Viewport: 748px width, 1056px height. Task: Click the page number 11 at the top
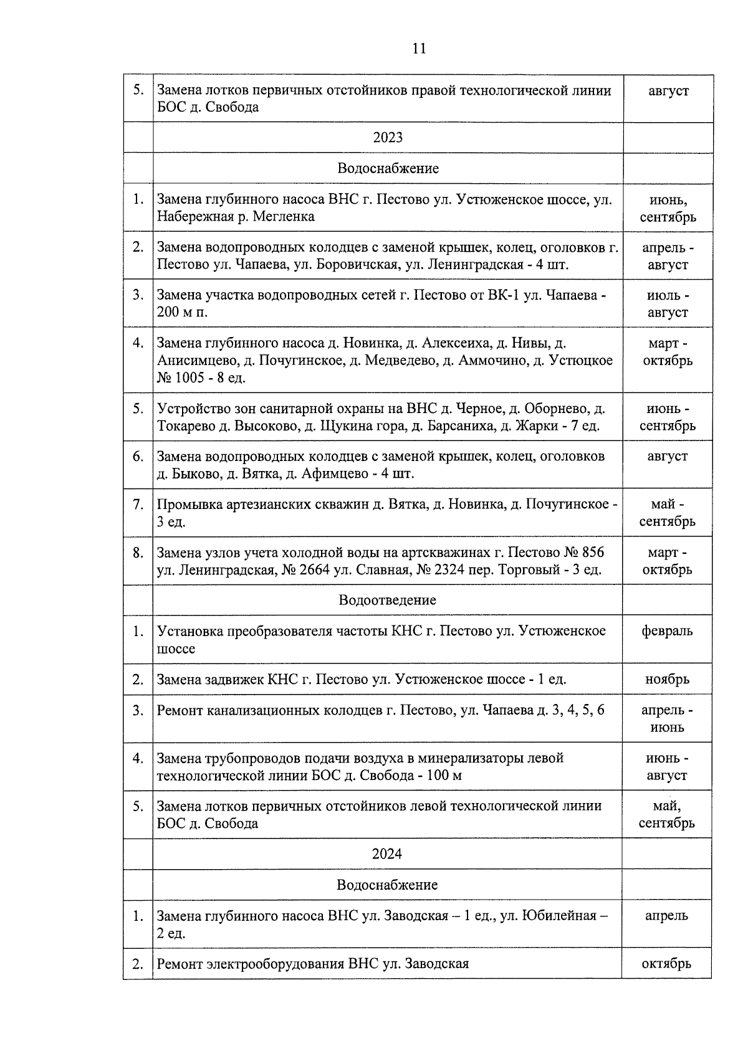(x=419, y=48)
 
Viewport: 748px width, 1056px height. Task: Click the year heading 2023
(x=388, y=137)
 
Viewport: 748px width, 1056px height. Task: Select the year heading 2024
(x=387, y=854)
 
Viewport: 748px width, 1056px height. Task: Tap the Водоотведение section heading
(x=388, y=600)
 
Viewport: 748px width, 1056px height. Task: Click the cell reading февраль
(x=667, y=631)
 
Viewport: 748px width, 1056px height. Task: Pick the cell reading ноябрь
(x=667, y=679)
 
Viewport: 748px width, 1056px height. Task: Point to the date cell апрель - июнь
(x=667, y=718)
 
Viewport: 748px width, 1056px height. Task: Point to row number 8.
(x=138, y=553)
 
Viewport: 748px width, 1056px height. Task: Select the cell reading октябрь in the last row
(x=666, y=964)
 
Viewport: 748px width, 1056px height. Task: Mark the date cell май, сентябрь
(x=666, y=814)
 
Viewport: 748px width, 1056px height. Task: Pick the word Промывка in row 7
(x=184, y=504)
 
